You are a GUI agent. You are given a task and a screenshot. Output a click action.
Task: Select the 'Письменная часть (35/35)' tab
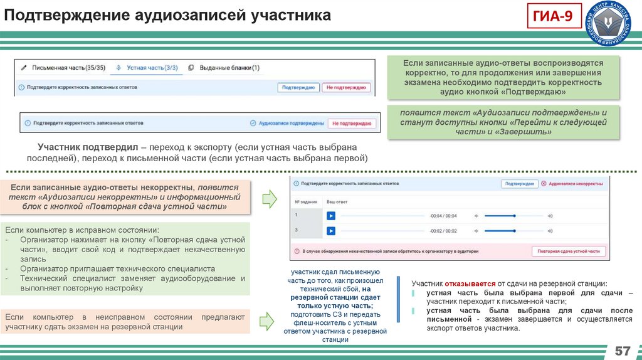(x=65, y=68)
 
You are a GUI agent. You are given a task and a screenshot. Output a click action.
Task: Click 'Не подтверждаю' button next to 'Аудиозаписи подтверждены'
(x=352, y=124)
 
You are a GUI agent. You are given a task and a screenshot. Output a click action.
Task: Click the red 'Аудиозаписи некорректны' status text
(x=576, y=184)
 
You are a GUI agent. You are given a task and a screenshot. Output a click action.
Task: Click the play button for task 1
(x=330, y=216)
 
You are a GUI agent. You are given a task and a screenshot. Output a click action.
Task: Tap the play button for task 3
(x=330, y=231)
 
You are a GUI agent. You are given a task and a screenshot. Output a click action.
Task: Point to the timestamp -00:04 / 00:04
(x=443, y=216)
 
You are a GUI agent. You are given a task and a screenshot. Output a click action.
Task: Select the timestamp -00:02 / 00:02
(x=443, y=231)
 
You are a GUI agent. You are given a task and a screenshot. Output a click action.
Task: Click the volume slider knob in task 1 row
(x=514, y=216)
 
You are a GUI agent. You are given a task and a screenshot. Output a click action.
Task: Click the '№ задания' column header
(x=305, y=202)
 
